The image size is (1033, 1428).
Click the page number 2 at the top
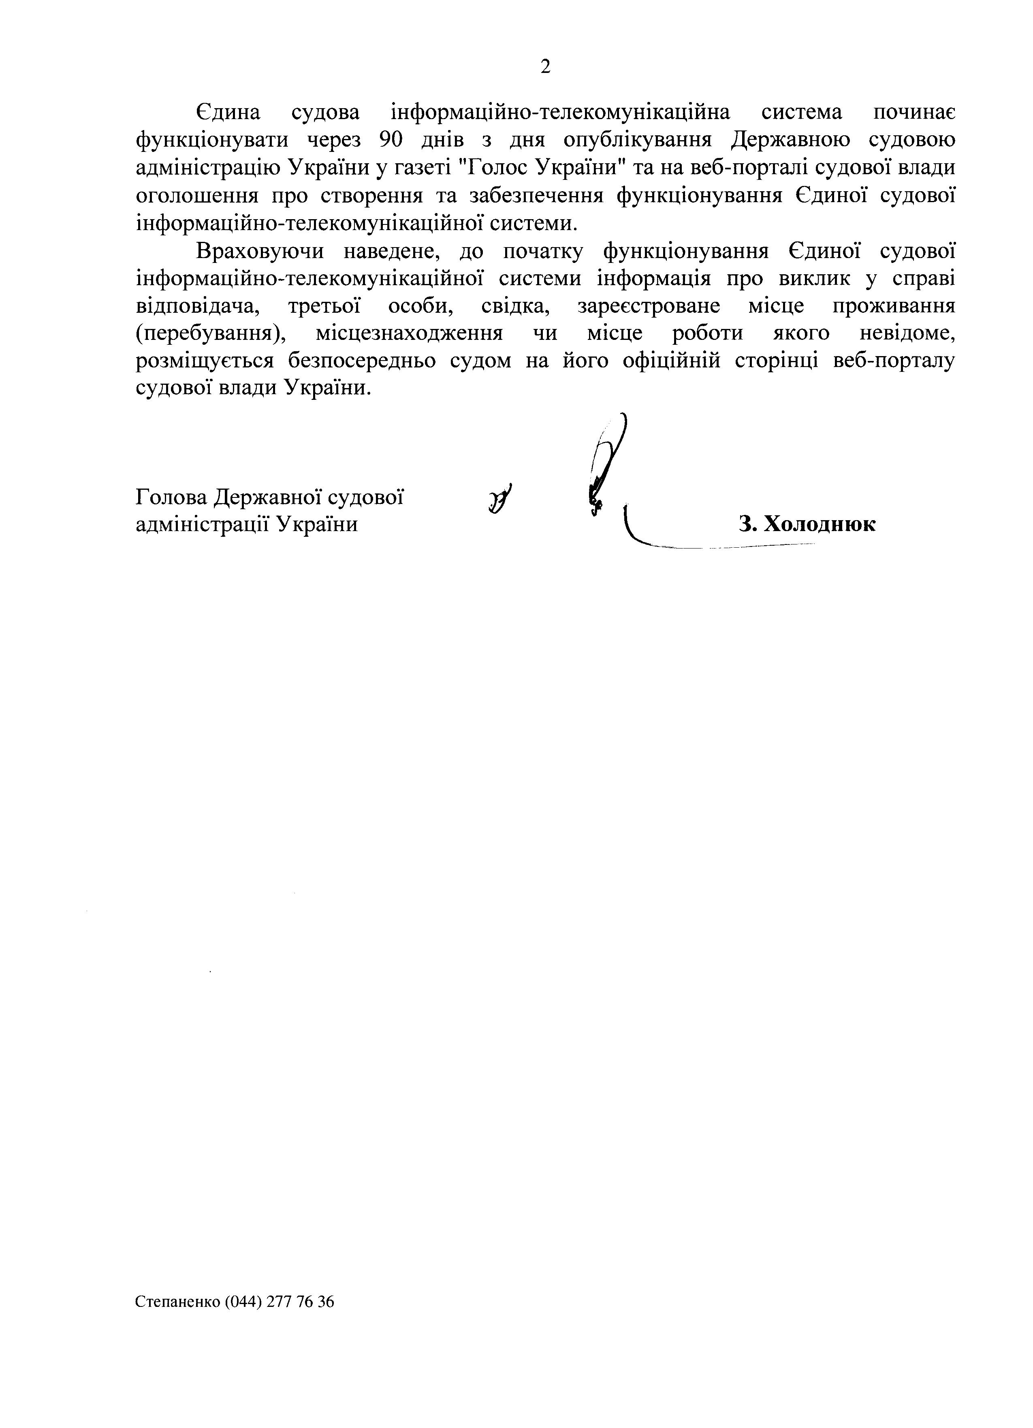[545, 67]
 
